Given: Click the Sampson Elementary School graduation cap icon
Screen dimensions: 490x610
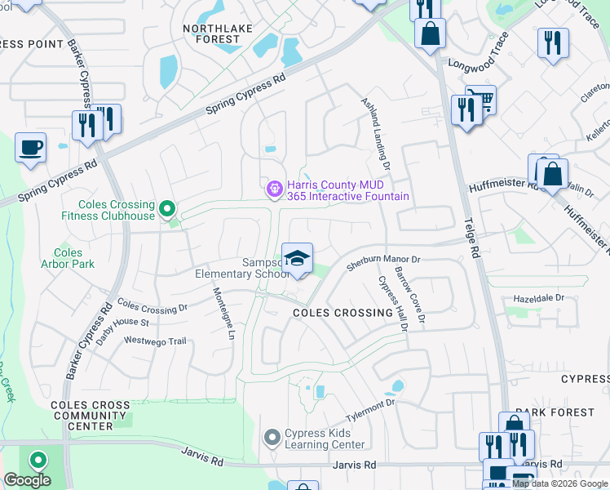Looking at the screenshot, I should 298,259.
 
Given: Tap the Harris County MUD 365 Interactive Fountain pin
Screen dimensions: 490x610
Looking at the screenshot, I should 275,189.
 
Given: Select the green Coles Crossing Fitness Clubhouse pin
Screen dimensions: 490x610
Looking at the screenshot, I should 168,209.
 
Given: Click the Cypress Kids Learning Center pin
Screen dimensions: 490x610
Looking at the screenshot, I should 272,439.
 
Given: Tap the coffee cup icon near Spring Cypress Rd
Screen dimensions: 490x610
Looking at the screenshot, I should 31,148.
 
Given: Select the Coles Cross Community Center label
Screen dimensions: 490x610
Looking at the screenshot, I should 90,416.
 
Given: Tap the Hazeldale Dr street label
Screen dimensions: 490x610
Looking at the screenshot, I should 537,298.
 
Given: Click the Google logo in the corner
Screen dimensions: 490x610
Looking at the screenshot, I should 26,480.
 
